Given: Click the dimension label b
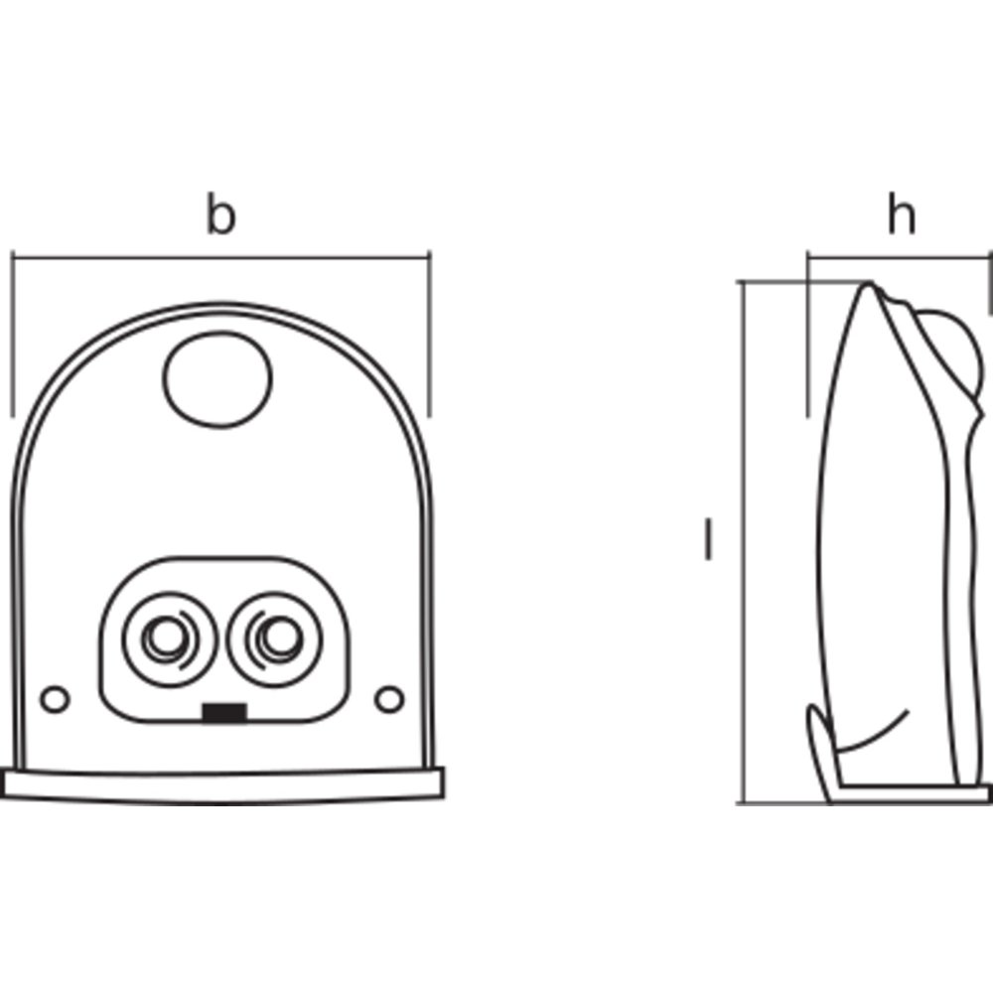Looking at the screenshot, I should coord(220,215).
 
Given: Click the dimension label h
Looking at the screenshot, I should coord(901,215).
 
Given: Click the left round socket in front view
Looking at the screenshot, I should coord(165,636).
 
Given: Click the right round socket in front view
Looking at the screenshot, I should coord(273,636).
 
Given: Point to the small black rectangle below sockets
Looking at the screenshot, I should coord(223,711).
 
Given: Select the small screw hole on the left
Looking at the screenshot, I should coord(56,698).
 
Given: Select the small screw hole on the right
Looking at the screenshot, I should coord(389,698).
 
